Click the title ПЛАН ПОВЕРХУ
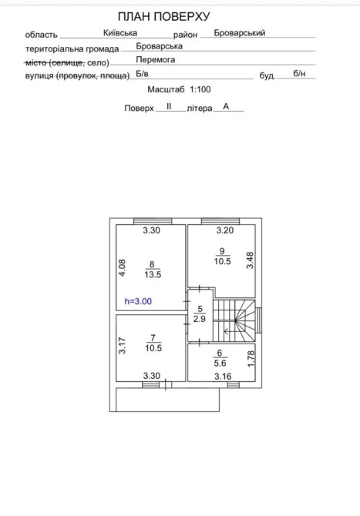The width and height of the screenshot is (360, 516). point(163,16)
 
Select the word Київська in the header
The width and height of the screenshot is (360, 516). point(120,33)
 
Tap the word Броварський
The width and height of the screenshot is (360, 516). point(240,33)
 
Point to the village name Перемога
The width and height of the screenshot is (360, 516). point(156,59)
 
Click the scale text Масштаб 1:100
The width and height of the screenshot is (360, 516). point(179,89)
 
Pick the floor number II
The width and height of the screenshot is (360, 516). point(169,106)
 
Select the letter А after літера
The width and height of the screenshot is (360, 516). point(226,106)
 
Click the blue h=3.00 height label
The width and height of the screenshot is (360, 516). point(138,301)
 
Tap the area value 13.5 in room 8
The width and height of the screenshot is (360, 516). point(153,274)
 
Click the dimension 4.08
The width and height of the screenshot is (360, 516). point(122,267)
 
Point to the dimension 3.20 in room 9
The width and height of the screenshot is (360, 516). point(225,230)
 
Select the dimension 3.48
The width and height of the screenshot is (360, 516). point(250,260)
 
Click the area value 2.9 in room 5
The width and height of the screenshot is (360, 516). point(200,319)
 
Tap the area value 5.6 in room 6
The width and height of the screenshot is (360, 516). point(220,363)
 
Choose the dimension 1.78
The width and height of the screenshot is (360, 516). point(251,359)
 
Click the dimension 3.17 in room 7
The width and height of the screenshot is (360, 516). point(122,346)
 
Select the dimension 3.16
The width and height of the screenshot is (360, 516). point(223,376)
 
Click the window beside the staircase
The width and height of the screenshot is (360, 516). point(259,320)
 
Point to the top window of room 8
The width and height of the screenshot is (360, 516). point(153,221)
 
